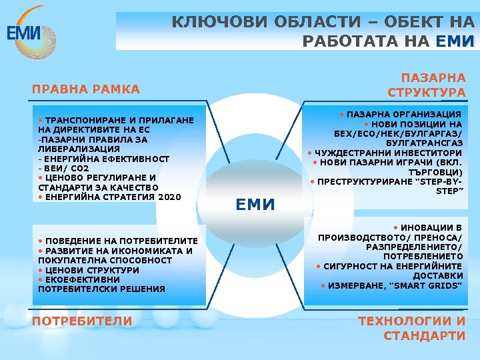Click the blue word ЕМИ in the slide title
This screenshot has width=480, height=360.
coord(455,41)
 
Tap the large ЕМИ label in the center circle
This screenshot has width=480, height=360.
coord(255,204)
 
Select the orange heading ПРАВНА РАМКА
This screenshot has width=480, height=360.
coord(86,89)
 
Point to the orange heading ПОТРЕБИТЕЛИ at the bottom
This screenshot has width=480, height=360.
coord(82,321)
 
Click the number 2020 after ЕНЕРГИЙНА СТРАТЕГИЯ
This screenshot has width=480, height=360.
coord(169,197)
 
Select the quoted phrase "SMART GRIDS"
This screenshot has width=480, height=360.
coord(433,285)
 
